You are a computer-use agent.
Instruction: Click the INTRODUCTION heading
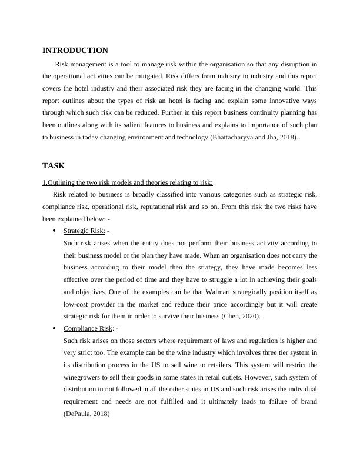click(x=75, y=51)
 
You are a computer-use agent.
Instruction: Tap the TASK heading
click(x=54, y=166)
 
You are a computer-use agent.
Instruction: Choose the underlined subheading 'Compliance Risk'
click(x=88, y=328)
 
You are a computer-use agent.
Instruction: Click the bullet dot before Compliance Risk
click(x=54, y=328)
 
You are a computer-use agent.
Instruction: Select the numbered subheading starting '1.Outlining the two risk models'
click(x=128, y=182)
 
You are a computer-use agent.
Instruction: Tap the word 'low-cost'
click(x=78, y=304)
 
